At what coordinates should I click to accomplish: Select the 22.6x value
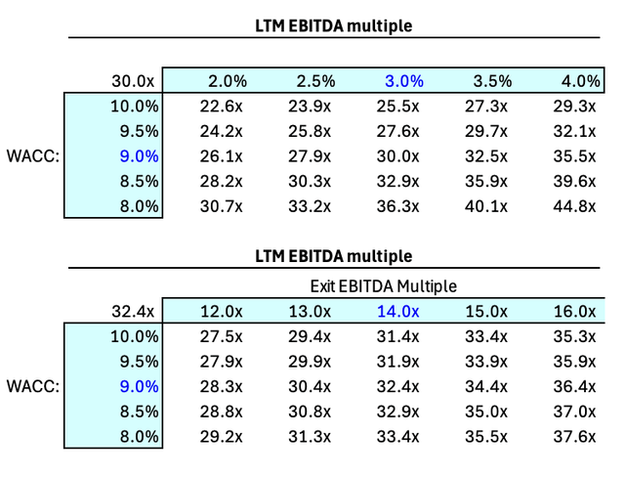click(227, 106)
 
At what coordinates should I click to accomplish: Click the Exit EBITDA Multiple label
click(383, 286)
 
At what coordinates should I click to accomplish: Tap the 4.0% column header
click(575, 81)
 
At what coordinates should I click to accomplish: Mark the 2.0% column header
click(227, 81)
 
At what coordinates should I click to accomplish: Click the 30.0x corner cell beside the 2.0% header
click(136, 81)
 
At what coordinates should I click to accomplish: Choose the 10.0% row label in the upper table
click(136, 106)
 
